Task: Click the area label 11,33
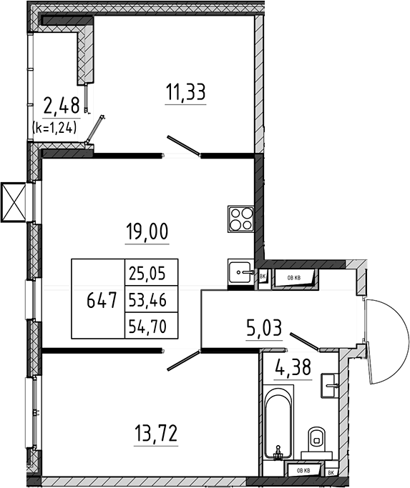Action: tap(185, 92)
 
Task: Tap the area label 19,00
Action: tap(147, 231)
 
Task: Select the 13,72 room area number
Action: tap(156, 434)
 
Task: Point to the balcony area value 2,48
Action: tap(62, 105)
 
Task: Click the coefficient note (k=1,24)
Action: tap(54, 127)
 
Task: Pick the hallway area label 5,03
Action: tap(264, 328)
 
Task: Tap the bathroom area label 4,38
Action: tap(293, 367)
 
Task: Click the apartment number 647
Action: tap(102, 301)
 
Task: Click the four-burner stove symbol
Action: tap(240, 219)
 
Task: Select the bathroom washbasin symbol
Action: tap(329, 386)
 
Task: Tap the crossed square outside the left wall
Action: tap(13, 202)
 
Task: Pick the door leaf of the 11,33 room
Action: tap(183, 145)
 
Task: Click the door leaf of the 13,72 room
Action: tap(183, 360)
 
